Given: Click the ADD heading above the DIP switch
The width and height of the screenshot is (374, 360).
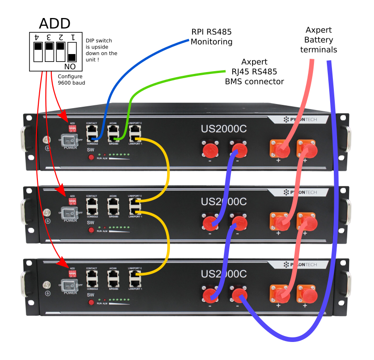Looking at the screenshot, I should click(x=54, y=23).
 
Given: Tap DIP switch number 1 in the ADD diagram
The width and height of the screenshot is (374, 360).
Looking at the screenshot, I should click(x=72, y=51).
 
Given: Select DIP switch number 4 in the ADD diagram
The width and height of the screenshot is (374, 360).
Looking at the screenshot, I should click(x=38, y=51).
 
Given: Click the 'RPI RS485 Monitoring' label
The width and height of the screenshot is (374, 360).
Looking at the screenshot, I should click(x=211, y=37).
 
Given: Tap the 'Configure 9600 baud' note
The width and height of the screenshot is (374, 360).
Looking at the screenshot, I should click(x=72, y=79).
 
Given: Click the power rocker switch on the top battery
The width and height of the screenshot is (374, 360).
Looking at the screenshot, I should click(x=70, y=140).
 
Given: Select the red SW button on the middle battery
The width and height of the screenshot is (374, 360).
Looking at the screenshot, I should click(x=91, y=230).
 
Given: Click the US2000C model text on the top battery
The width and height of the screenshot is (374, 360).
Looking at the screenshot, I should click(x=223, y=129).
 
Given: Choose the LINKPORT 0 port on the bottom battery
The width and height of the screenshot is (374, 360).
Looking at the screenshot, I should click(x=135, y=274).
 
